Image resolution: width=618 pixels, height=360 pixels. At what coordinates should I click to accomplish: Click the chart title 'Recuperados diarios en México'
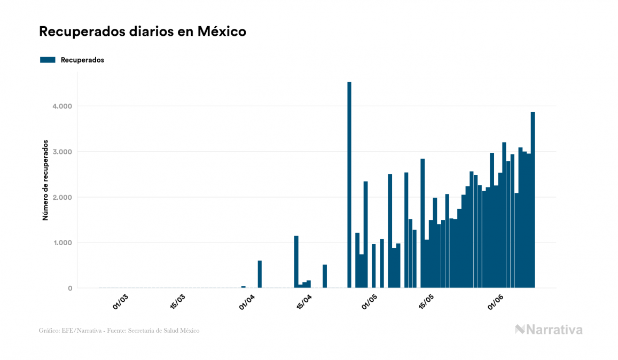tap(143, 32)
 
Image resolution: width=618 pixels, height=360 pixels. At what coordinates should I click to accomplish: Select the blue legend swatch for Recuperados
tap(48, 60)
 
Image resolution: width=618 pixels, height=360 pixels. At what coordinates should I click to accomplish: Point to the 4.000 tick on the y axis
tap(62, 106)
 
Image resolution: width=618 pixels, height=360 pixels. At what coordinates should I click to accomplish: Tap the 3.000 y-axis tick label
tap(62, 152)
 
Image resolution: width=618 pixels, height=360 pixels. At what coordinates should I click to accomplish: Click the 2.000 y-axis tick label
tap(62, 197)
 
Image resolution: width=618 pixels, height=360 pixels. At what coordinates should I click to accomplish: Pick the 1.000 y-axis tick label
tap(62, 242)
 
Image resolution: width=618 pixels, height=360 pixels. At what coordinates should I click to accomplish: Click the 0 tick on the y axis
tap(70, 288)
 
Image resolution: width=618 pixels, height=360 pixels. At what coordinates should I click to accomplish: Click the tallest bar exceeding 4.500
tap(349, 185)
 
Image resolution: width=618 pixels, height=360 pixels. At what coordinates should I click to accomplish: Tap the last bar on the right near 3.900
tap(533, 200)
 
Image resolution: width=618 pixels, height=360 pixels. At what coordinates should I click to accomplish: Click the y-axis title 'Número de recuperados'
tap(45, 181)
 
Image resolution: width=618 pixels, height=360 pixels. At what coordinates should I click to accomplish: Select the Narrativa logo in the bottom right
tap(549, 330)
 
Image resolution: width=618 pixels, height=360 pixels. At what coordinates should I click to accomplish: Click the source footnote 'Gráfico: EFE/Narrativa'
tap(119, 331)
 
